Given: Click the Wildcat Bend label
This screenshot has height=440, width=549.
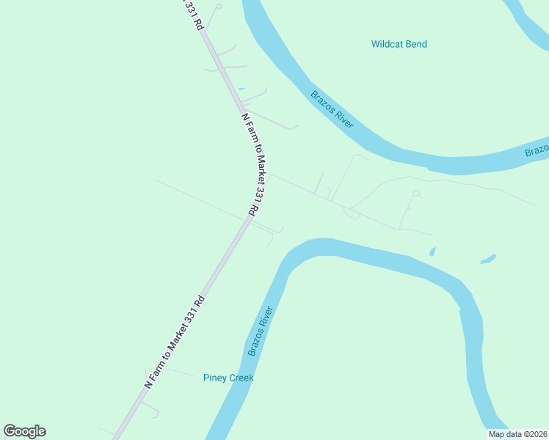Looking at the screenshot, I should point(399,44).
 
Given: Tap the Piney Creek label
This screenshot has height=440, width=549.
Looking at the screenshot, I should point(228,378).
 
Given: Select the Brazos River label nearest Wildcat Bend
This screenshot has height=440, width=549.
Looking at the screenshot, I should point(332,109).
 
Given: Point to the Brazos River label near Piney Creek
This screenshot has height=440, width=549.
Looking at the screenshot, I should point(261,331).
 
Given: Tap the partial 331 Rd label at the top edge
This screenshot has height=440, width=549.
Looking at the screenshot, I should point(193,12).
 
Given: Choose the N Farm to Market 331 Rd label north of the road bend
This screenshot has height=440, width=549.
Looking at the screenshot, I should point(250,164).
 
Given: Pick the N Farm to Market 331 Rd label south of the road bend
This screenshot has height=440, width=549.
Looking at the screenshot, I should point(174,342).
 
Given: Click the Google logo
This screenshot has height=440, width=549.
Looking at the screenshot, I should point(24,431).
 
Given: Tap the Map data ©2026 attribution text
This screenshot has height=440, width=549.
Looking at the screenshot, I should point(518,434).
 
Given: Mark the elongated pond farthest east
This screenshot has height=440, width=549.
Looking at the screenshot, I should point(488,258).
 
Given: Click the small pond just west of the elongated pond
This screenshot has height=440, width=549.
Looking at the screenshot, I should point(432,252).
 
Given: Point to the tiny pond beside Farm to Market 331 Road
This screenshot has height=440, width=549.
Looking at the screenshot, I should point(241,89).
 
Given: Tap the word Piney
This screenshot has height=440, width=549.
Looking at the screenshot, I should point(216,378).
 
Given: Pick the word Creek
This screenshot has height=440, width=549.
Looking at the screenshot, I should point(241,378).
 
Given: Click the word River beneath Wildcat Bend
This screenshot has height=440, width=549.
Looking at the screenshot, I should point(343,118).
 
